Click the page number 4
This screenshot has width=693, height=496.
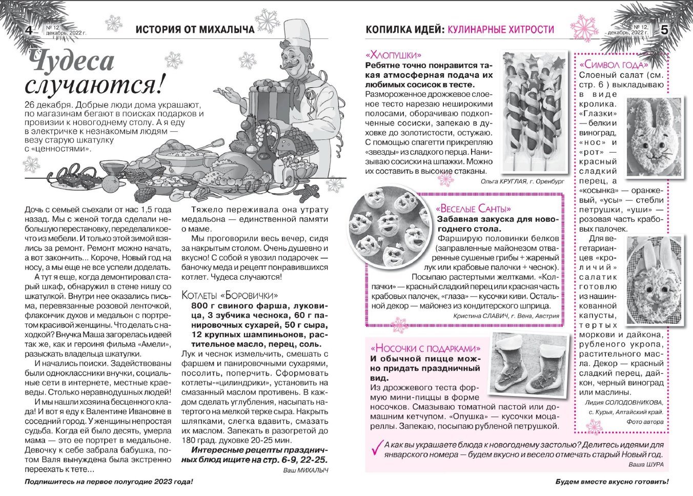pos(29,30)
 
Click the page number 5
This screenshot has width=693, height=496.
pos(664,30)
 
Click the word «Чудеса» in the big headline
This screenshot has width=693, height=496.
pos(70,61)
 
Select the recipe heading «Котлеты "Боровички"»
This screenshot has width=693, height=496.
pos(230,296)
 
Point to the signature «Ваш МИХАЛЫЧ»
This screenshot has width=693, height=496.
pos(305,470)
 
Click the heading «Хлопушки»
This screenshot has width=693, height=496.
pos(394,55)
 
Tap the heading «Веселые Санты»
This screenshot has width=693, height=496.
pos(474,209)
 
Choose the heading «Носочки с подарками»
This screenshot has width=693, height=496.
pos(425,348)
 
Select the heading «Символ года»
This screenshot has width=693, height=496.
pos(613,65)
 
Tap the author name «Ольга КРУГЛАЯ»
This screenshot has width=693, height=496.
pos(508,181)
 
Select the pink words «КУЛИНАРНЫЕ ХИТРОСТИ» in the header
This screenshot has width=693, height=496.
pos(501,30)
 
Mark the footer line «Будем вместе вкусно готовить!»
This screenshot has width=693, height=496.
pos(612,482)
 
